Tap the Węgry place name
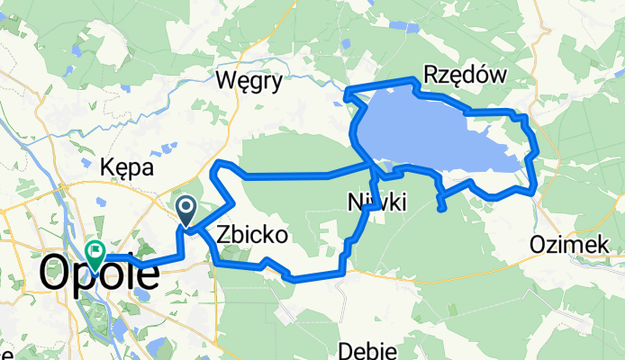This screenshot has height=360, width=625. click(249, 81)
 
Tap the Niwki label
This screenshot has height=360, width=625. click(376, 203)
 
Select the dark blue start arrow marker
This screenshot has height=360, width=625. click(186, 211)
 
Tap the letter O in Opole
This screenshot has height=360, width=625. click(55, 274)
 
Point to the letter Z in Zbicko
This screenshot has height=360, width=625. click(220, 235)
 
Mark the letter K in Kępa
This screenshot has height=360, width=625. click(107, 167)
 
